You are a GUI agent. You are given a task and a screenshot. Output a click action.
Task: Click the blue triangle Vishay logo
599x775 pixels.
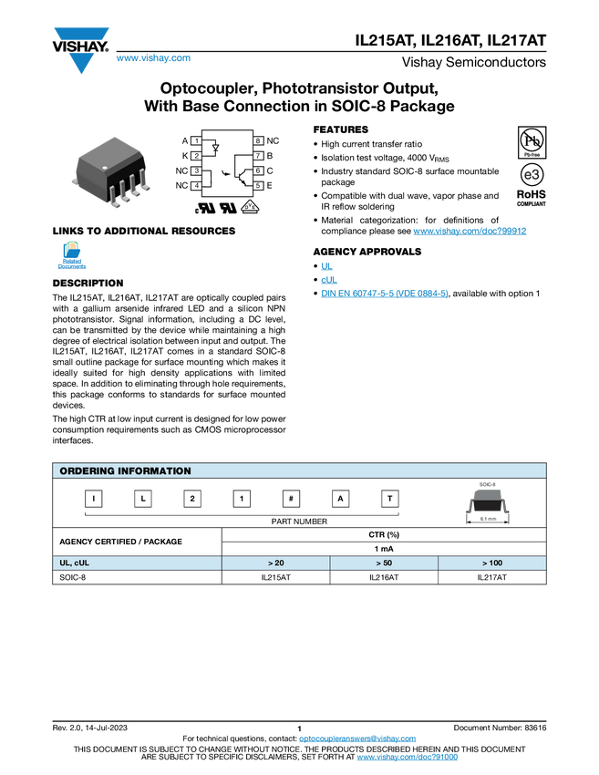pyautogui.click(x=81, y=63)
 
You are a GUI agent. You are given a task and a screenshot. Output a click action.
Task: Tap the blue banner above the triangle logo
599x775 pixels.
pyautogui.click(x=81, y=34)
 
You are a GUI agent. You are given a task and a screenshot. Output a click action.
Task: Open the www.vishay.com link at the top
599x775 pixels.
pyautogui.click(x=153, y=58)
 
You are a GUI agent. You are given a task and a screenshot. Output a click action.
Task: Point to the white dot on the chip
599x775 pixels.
pyautogui.click(x=105, y=168)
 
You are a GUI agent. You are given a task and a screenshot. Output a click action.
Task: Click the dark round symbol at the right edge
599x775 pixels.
pyautogui.click(x=532, y=174)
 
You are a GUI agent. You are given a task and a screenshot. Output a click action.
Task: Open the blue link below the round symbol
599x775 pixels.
pyautogui.click(x=470, y=232)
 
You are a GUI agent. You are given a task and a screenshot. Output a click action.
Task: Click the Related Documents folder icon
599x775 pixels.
pyautogui.click(x=72, y=254)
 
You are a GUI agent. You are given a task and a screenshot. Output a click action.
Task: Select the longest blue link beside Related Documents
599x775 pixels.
pyautogui.click(x=384, y=294)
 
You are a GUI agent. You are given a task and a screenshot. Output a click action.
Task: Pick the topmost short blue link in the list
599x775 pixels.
pyautogui.click(x=325, y=264)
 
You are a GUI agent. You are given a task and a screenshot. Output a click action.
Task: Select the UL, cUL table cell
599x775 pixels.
pyautogui.click(x=135, y=563)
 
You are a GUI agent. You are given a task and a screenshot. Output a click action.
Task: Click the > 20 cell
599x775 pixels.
pyautogui.click(x=275, y=563)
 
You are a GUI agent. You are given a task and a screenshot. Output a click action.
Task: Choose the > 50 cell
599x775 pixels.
pyautogui.click(x=384, y=563)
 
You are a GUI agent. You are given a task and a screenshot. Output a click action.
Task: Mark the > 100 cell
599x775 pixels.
pyautogui.click(x=492, y=563)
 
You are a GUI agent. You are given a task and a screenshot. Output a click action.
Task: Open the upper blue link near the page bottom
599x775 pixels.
pyautogui.click(x=357, y=739)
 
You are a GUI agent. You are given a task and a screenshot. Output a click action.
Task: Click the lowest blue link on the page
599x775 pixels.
pyautogui.click(x=408, y=758)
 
